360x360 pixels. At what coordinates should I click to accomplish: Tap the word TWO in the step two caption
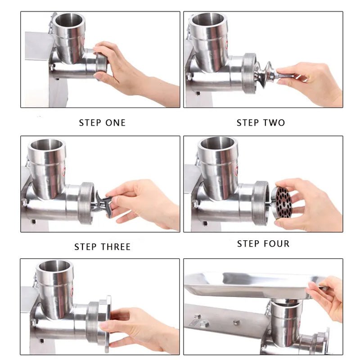point(274,123)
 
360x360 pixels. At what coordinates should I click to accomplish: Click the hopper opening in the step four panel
point(217,144)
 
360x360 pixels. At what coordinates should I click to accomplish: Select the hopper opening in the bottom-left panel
point(54,266)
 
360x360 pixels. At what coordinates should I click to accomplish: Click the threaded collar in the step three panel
point(85,202)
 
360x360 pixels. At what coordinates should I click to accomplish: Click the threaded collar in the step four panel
point(260,202)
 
